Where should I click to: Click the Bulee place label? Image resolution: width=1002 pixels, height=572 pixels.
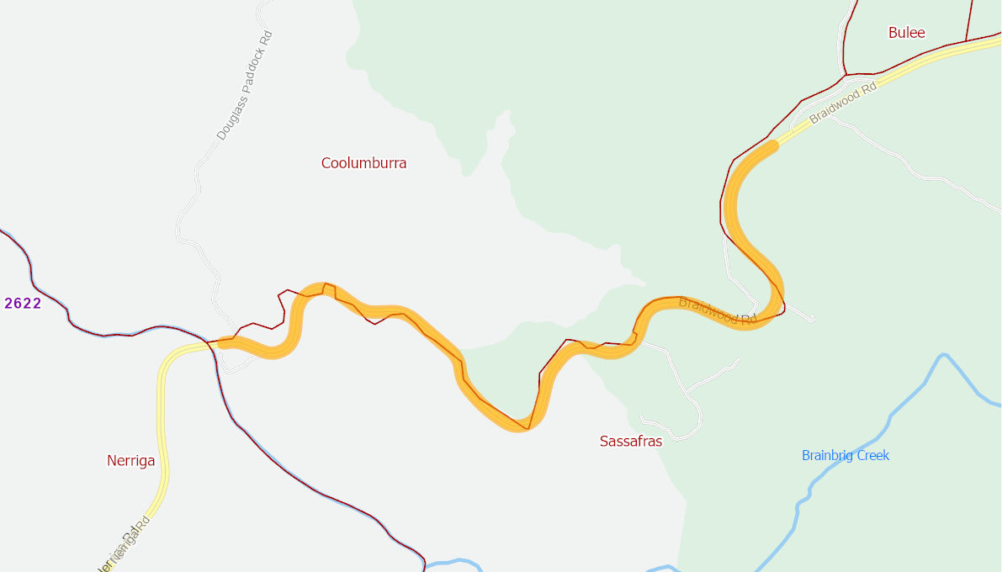(x=906, y=33)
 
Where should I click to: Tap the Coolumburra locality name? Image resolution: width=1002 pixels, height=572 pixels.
(x=363, y=163)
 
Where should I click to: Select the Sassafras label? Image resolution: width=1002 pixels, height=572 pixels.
(x=630, y=441)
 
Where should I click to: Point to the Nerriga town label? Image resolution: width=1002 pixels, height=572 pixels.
(x=130, y=461)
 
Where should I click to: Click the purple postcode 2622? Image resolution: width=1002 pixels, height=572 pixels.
(x=23, y=304)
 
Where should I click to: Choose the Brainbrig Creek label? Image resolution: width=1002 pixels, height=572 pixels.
(x=845, y=456)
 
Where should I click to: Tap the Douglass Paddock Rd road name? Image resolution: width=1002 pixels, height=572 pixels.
(x=245, y=86)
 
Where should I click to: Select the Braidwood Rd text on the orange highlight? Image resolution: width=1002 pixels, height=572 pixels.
(x=717, y=311)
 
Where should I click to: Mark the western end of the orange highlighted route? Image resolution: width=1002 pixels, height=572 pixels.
(x=222, y=342)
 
